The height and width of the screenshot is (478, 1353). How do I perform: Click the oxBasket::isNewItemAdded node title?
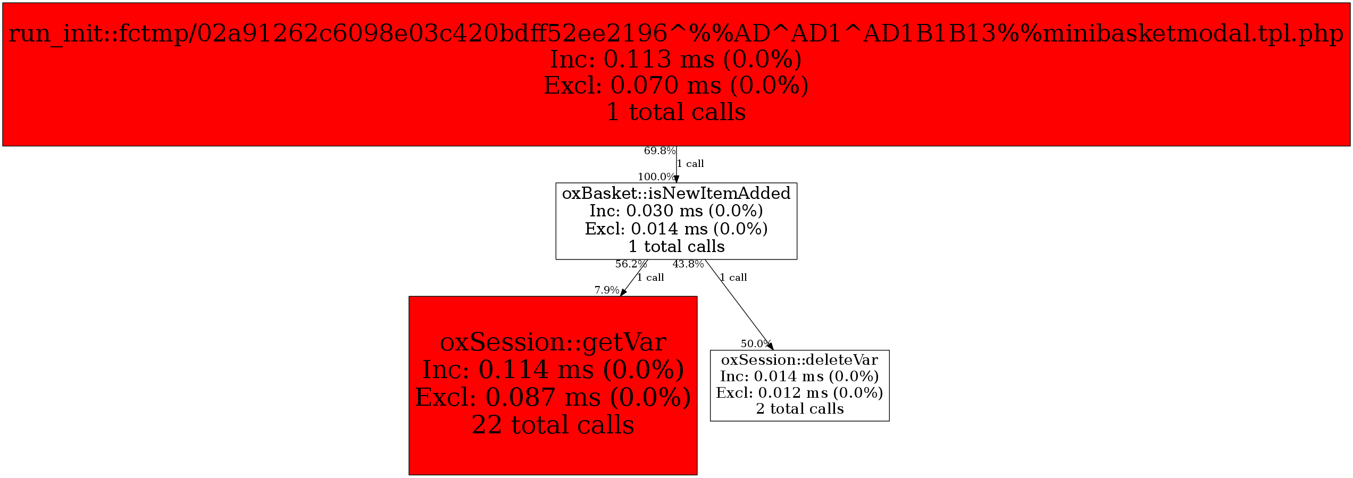click(x=676, y=194)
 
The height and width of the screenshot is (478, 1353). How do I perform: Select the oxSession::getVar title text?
click(x=553, y=342)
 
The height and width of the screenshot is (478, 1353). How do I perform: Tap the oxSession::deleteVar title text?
click(x=799, y=360)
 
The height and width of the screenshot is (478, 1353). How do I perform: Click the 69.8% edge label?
click(x=659, y=151)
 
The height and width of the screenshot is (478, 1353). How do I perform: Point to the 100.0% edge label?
click(x=656, y=177)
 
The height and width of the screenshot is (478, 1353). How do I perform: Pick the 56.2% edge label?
click(x=631, y=264)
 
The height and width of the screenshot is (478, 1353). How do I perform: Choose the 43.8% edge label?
click(x=688, y=264)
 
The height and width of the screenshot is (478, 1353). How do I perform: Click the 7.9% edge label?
click(x=606, y=290)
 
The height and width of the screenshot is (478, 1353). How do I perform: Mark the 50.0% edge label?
click(x=755, y=344)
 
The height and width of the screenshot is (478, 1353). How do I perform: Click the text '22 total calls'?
click(x=553, y=425)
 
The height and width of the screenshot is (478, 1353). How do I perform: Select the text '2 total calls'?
click(x=799, y=409)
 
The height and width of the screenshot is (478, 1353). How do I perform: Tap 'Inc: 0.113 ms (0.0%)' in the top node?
click(x=675, y=60)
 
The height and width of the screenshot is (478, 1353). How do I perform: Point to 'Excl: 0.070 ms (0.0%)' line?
click(x=675, y=86)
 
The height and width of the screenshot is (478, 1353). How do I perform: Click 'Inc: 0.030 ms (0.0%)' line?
click(x=676, y=211)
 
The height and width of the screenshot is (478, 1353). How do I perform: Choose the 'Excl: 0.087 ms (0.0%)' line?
click(x=553, y=397)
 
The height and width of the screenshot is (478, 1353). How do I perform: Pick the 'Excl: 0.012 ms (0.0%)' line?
click(x=799, y=393)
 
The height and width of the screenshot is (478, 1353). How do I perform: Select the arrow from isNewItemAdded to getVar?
click(x=634, y=278)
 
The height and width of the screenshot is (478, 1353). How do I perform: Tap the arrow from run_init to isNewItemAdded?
click(x=676, y=164)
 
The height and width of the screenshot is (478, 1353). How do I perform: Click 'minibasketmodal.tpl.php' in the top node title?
click(x=1191, y=33)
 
